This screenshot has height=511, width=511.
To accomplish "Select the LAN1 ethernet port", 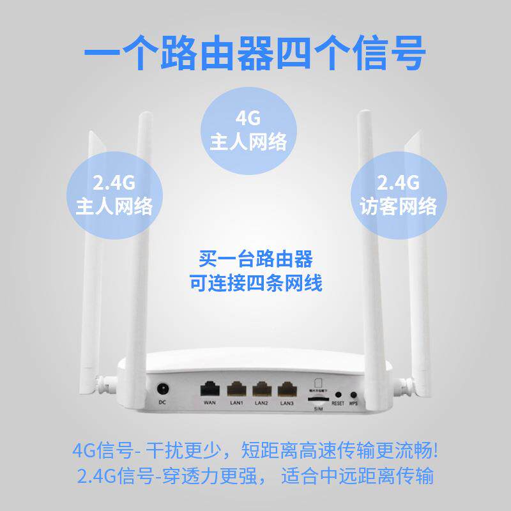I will pos(236,388).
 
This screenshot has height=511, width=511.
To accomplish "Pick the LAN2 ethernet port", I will pos(261,388).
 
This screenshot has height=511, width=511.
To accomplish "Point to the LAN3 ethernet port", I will pos(287,388).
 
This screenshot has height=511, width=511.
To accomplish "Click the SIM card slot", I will pos(319,399).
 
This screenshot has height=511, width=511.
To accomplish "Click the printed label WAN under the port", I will pos(208,403).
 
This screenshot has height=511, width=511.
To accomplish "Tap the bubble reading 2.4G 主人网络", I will pos(114,195).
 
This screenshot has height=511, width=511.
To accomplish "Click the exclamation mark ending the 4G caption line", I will pos(436,450).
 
